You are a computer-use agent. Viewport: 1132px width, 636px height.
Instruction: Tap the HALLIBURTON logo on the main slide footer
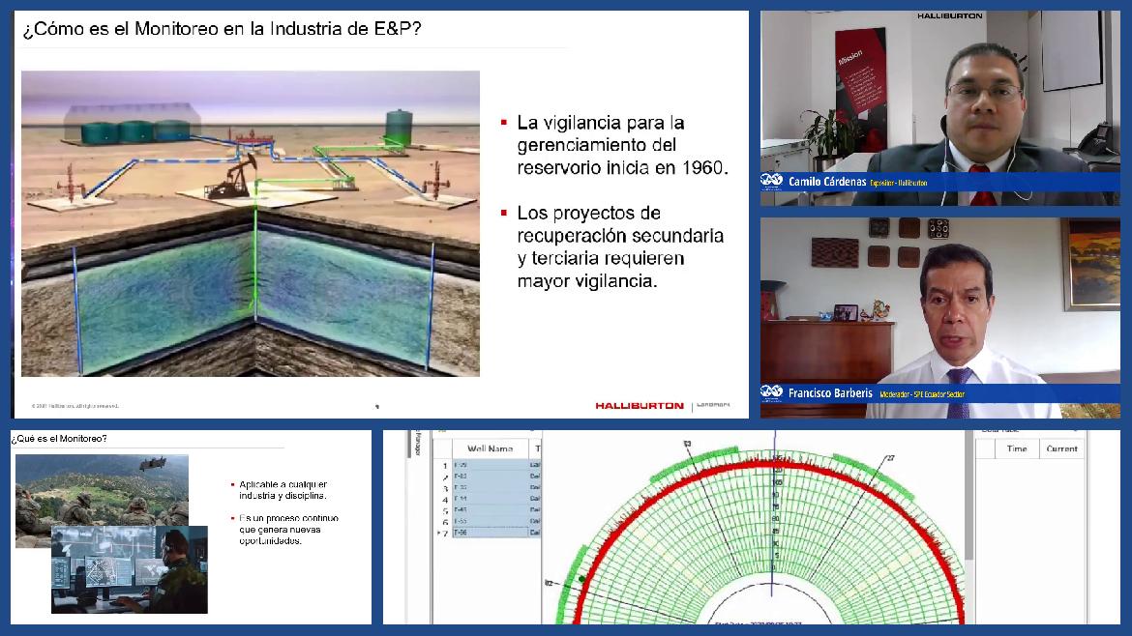(x=640, y=405)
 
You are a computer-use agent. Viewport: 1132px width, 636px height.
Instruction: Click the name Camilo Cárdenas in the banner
(x=823, y=182)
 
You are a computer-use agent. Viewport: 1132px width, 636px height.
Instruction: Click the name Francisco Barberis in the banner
(x=831, y=393)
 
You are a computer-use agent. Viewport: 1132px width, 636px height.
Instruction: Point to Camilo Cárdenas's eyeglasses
(x=984, y=93)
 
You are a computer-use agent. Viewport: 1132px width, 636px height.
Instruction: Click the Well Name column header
(x=489, y=448)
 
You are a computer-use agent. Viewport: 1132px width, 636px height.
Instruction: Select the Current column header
(x=1061, y=448)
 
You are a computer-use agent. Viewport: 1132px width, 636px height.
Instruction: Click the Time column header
(x=1016, y=448)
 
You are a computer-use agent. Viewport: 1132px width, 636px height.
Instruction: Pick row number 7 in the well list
(x=445, y=533)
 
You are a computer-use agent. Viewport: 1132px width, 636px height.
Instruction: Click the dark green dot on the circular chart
(x=582, y=578)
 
